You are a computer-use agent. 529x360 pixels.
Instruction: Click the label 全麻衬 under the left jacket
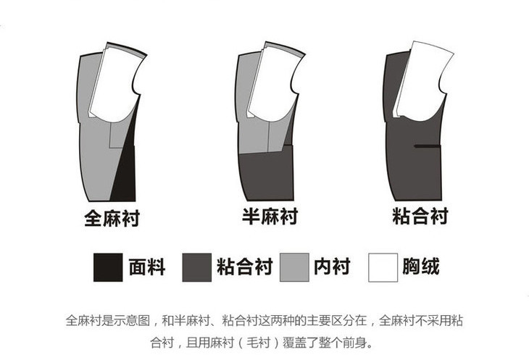pos(112,218)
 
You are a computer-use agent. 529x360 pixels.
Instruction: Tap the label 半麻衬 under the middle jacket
pos(270,216)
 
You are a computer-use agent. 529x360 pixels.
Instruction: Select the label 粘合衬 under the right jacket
pos(420,216)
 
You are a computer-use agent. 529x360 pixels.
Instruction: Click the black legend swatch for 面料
pos(108,267)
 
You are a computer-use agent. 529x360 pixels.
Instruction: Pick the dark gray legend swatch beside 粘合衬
pos(196,267)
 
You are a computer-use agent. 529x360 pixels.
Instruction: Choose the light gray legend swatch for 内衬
pos(294,267)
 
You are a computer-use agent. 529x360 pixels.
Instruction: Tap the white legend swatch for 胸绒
pos(383,267)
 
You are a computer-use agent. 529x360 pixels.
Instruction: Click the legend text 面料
pos(147,267)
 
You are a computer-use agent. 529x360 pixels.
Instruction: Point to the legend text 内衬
pos(332,267)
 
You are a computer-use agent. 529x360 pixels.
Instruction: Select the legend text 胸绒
pos(421,267)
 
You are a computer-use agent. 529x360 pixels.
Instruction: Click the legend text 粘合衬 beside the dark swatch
pos(245,267)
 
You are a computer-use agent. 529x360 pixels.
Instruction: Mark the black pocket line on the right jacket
pos(428,146)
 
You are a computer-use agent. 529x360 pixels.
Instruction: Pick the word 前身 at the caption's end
pos(354,343)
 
